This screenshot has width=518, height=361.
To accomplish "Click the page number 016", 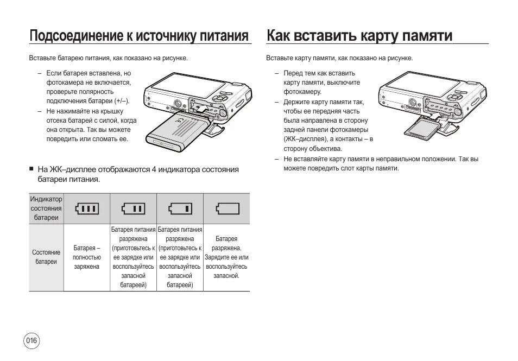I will (31, 341).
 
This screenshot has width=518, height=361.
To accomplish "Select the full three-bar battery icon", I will (87, 208).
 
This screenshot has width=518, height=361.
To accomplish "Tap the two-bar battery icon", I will (133, 208).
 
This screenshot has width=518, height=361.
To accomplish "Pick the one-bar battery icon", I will (180, 208).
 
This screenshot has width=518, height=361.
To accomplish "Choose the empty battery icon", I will (227, 208).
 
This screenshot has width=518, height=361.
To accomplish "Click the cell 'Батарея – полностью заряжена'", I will (87, 257).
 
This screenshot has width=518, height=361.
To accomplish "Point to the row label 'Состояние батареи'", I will (46, 257).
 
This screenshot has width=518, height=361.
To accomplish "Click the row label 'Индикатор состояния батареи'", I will (46, 208).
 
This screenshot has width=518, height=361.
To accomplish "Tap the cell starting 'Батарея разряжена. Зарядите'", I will (226, 257).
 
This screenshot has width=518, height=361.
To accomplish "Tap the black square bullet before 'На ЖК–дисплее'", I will (31, 169).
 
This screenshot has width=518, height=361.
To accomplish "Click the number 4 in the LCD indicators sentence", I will (154, 169).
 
